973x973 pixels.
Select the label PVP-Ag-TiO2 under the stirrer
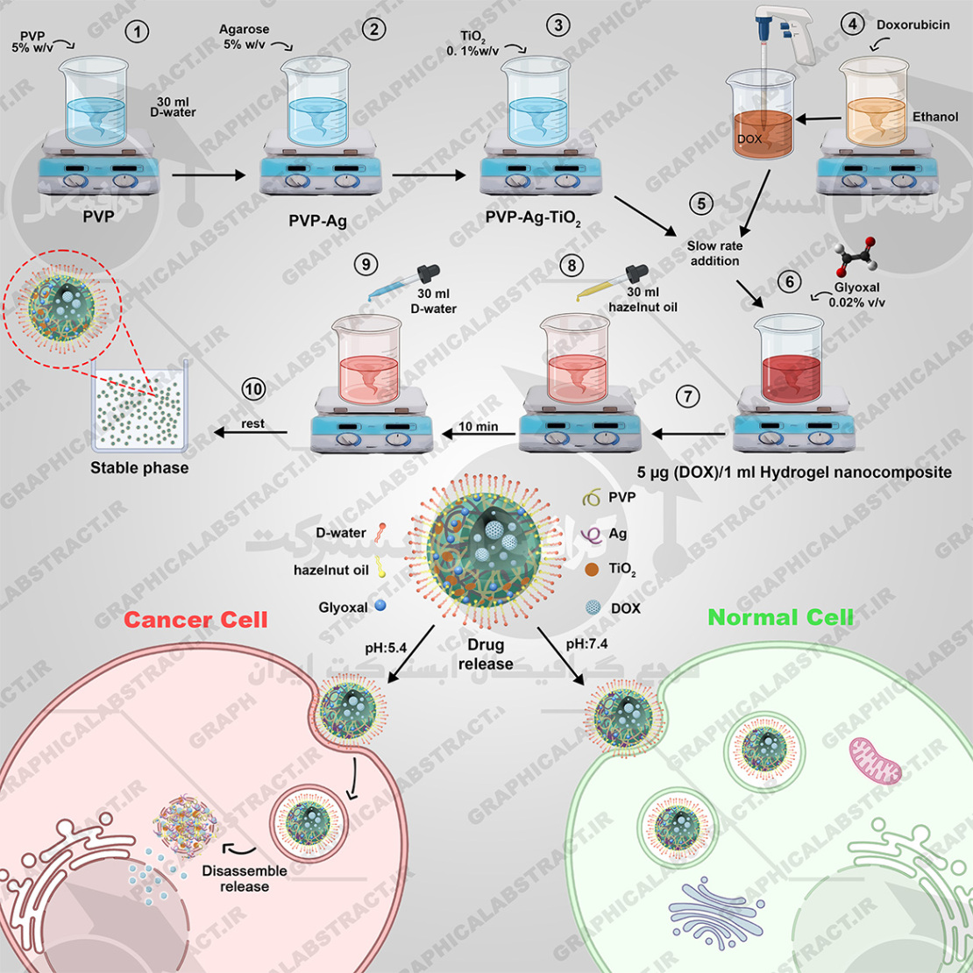click(534, 219)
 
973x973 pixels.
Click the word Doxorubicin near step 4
click(912, 25)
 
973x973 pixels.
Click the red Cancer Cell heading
click(195, 620)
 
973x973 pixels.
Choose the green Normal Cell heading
click(780, 617)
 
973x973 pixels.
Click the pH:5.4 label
click(386, 649)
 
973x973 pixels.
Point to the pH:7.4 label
click(587, 644)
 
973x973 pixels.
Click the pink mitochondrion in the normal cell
click(874, 760)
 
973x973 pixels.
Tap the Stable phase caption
click(139, 468)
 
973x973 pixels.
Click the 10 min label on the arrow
click(478, 427)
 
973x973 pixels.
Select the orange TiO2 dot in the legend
click(593, 569)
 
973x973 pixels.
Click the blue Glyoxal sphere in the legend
click(380, 606)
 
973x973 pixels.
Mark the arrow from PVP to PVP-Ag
click(209, 175)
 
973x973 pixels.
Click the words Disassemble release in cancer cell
click(245, 878)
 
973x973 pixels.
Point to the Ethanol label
click(935, 117)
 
